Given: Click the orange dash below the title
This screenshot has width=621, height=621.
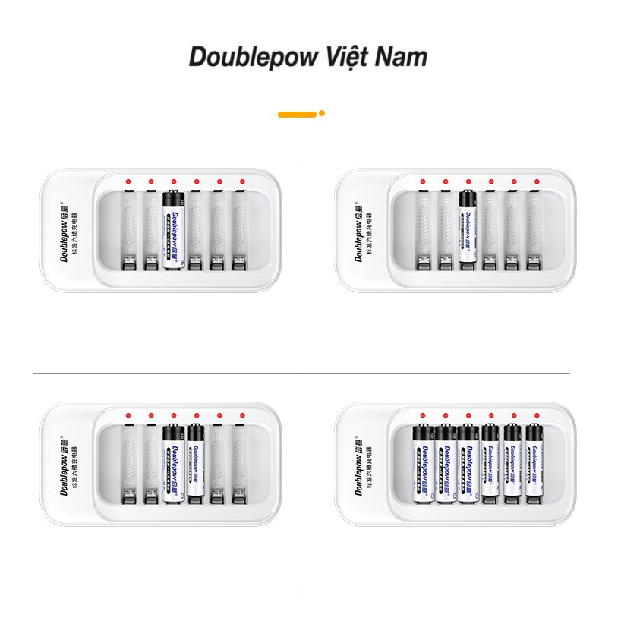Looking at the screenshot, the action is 297,114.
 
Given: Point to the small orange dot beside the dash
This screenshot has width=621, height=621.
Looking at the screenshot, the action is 322,113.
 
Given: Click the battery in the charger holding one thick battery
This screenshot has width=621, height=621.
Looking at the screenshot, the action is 174,231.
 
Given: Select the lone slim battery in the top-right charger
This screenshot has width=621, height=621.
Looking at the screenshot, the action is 468,226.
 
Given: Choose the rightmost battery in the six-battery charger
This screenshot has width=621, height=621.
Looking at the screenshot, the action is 536,463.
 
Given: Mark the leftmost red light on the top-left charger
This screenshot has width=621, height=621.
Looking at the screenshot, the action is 129,182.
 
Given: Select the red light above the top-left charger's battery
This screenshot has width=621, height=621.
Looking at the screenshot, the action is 174,182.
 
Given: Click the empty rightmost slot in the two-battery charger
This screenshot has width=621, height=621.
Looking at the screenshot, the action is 241,465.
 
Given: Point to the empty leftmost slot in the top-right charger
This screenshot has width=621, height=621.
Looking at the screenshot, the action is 423,231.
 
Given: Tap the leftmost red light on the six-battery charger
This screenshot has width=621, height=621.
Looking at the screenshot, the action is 423,416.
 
